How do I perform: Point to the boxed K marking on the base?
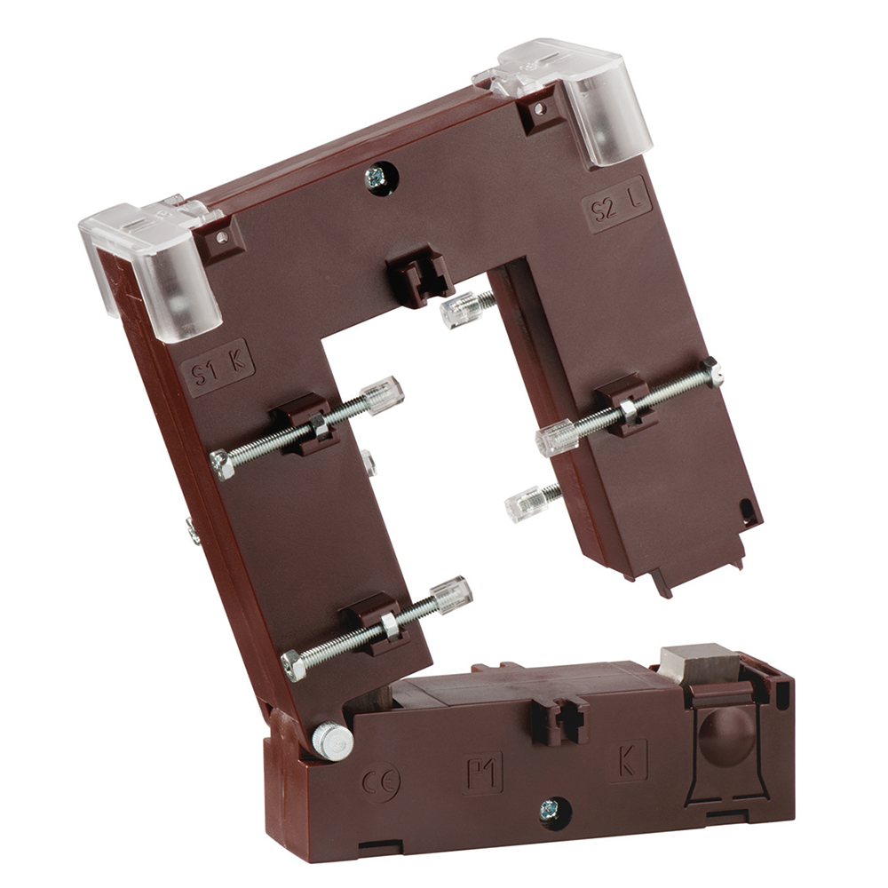click(629, 761)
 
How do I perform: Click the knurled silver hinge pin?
click(332, 741)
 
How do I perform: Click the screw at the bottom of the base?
click(547, 811)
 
